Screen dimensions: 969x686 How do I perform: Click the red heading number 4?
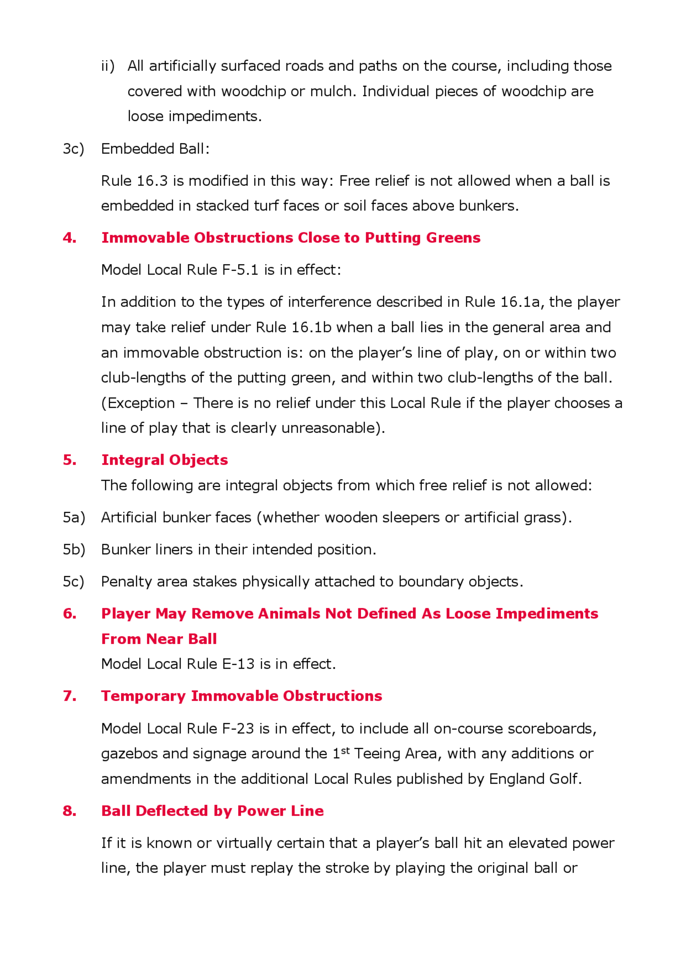(x=69, y=238)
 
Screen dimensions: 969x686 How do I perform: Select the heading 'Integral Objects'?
(x=164, y=460)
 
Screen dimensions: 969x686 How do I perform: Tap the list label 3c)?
(x=73, y=149)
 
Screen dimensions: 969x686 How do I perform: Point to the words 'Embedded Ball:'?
(x=155, y=149)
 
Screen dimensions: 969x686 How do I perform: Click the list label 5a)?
(x=74, y=518)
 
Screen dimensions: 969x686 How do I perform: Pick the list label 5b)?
(x=74, y=550)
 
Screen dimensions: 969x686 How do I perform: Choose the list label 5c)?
(x=73, y=582)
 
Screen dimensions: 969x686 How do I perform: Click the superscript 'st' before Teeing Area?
(x=345, y=750)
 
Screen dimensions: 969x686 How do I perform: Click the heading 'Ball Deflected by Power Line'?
(x=212, y=811)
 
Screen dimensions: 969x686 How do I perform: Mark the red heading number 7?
(x=69, y=696)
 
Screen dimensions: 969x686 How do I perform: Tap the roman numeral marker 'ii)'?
(x=108, y=66)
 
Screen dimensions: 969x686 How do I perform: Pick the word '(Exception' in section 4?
(x=138, y=403)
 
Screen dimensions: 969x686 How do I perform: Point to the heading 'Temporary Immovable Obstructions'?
(x=241, y=696)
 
